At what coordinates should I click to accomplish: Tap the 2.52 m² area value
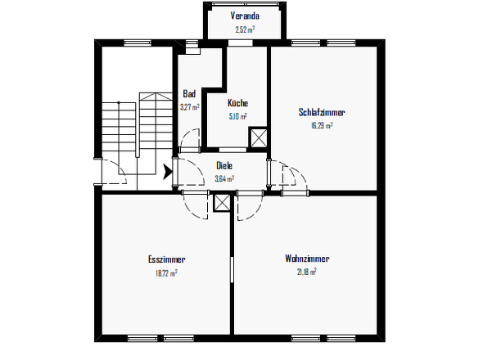tap(244, 29)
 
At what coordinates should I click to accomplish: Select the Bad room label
tap(189, 94)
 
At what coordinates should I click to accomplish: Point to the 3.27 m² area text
tap(190, 106)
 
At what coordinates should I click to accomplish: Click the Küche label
tap(237, 103)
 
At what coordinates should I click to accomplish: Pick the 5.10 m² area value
tap(238, 115)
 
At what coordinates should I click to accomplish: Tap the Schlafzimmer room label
tap(322, 112)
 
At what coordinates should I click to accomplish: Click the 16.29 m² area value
tap(322, 125)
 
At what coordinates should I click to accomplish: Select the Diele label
tap(223, 165)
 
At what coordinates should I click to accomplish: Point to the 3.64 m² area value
tap(224, 178)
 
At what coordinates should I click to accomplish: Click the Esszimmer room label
tap(166, 259)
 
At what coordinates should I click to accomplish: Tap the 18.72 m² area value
tap(166, 272)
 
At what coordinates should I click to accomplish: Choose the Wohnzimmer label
tap(307, 259)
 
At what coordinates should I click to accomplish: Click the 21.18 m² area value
tap(306, 272)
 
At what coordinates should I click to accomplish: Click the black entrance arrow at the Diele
tap(168, 172)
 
